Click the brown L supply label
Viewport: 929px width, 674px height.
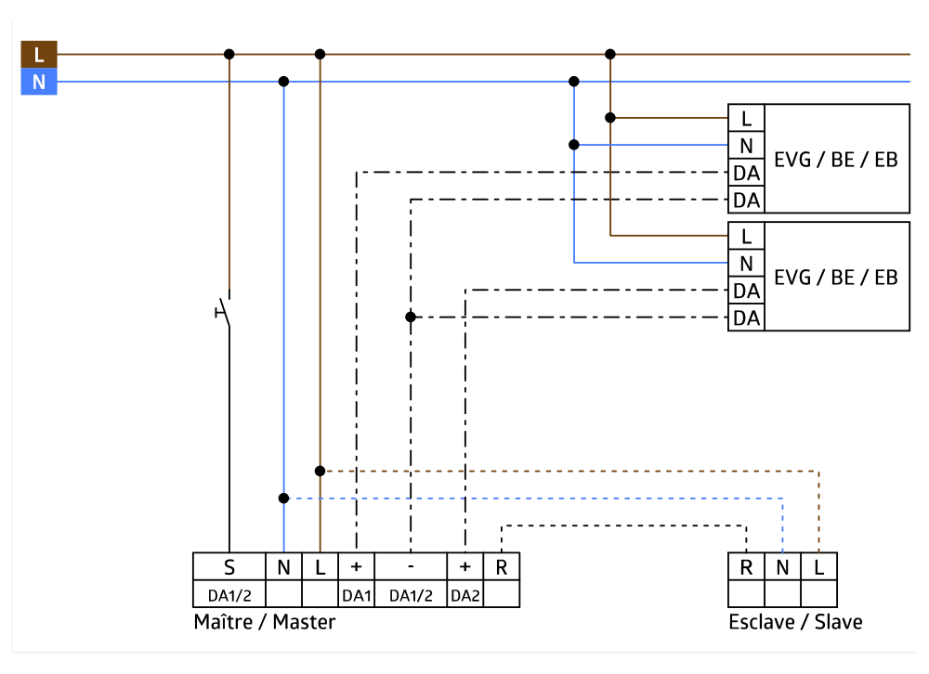39,54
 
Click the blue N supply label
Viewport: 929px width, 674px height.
39,82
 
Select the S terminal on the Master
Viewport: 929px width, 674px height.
229,567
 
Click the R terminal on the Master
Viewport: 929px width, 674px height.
502,567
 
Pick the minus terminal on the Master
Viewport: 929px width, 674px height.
410,567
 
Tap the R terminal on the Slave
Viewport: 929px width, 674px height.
746,567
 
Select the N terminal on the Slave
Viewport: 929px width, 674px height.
782,567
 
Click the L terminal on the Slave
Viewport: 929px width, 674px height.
818,567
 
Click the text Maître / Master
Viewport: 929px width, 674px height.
265,622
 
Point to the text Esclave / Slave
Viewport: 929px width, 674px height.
795,622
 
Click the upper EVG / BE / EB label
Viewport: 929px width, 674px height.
836,159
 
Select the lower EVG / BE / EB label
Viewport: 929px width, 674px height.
836,277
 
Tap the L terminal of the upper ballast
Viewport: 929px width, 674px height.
746,118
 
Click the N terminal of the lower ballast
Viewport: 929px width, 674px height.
746,263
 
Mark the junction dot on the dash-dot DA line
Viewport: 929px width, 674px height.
410,318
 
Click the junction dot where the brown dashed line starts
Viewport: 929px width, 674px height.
320,471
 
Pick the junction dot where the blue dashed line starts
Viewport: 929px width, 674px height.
283,499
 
